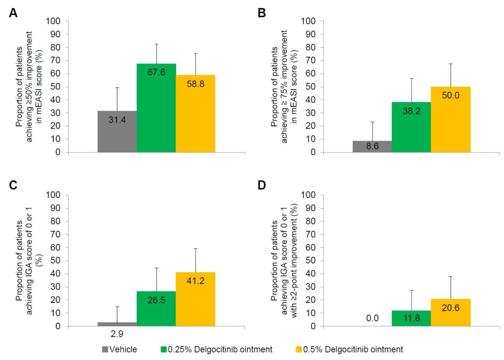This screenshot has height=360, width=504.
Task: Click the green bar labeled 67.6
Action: (x=156, y=108)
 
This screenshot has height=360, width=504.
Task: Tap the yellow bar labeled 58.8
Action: (x=195, y=114)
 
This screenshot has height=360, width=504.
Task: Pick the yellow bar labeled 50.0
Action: (x=451, y=120)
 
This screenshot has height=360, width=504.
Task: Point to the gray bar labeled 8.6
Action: (x=372, y=147)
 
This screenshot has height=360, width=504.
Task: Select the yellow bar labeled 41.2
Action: (x=195, y=299)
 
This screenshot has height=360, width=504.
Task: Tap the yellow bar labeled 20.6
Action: (x=451, y=312)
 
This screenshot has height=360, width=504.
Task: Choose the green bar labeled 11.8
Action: (x=411, y=318)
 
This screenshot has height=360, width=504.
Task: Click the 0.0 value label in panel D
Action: (x=372, y=319)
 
